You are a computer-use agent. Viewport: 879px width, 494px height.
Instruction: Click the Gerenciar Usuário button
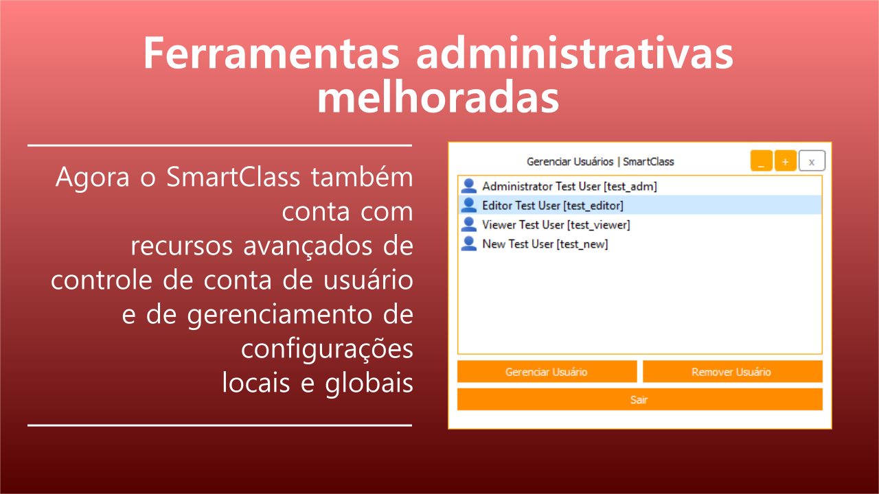547,371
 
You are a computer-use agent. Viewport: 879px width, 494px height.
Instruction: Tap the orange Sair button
639,399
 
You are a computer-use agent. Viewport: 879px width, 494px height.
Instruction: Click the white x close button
812,161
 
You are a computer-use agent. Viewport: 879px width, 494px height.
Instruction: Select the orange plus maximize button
785,161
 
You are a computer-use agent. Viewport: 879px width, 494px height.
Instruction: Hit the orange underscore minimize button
762,161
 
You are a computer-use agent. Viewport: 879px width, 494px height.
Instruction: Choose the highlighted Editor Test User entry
639,205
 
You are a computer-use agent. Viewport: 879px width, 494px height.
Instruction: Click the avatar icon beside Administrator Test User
468,186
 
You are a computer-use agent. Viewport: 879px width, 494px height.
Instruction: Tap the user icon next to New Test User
468,244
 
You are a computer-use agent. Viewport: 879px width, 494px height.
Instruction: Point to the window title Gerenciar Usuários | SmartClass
600,161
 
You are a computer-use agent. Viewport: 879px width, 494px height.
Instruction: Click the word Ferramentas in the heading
271,53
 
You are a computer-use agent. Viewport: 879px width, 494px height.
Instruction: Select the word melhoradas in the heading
438,97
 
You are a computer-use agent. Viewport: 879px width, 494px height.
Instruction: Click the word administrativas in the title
575,53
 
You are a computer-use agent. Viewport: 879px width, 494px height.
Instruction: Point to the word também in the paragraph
362,176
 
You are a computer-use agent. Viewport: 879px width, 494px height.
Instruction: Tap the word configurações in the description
327,349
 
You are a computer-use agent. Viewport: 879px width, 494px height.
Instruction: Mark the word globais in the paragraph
369,383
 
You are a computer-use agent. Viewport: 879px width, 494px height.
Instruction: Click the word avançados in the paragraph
308,246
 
